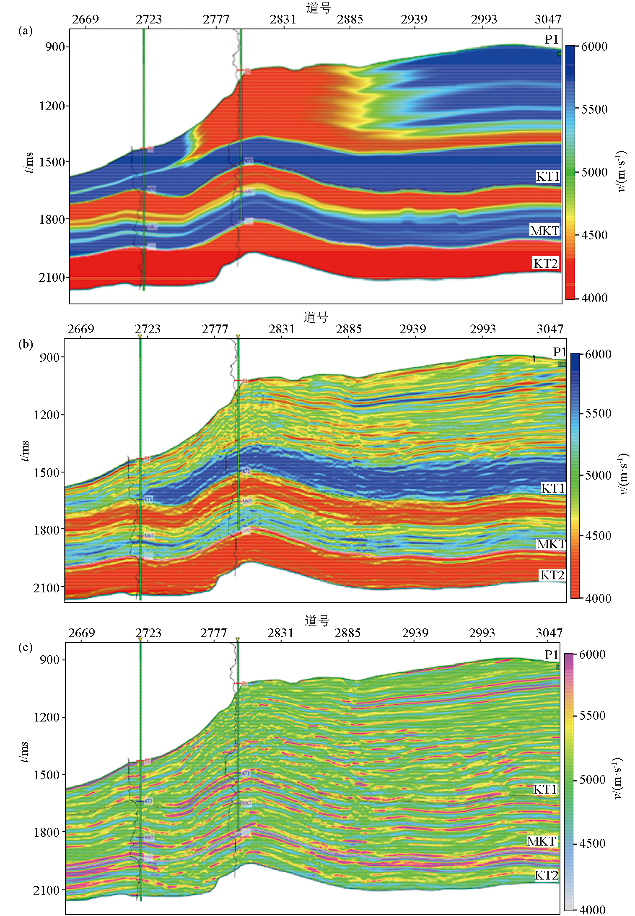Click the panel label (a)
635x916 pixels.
click(x=25, y=31)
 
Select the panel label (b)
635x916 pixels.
click(x=25, y=344)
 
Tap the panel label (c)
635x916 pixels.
click(x=25, y=647)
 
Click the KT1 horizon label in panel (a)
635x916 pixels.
click(x=547, y=176)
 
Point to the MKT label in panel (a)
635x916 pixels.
click(x=544, y=231)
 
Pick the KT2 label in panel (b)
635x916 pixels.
click(x=552, y=575)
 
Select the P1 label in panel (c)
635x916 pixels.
click(x=552, y=654)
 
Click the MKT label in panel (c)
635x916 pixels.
click(x=541, y=841)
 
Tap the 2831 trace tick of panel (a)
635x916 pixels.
click(x=283, y=19)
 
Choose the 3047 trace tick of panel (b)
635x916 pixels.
click(x=550, y=329)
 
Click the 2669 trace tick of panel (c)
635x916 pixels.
click(x=82, y=633)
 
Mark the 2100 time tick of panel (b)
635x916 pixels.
click(x=47, y=588)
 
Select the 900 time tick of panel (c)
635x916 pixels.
click(x=49, y=659)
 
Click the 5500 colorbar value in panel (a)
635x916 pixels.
click(x=594, y=109)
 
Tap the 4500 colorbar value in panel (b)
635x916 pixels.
click(x=598, y=536)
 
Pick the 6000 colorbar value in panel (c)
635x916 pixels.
click(x=592, y=654)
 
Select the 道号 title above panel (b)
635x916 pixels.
click(x=316, y=317)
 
